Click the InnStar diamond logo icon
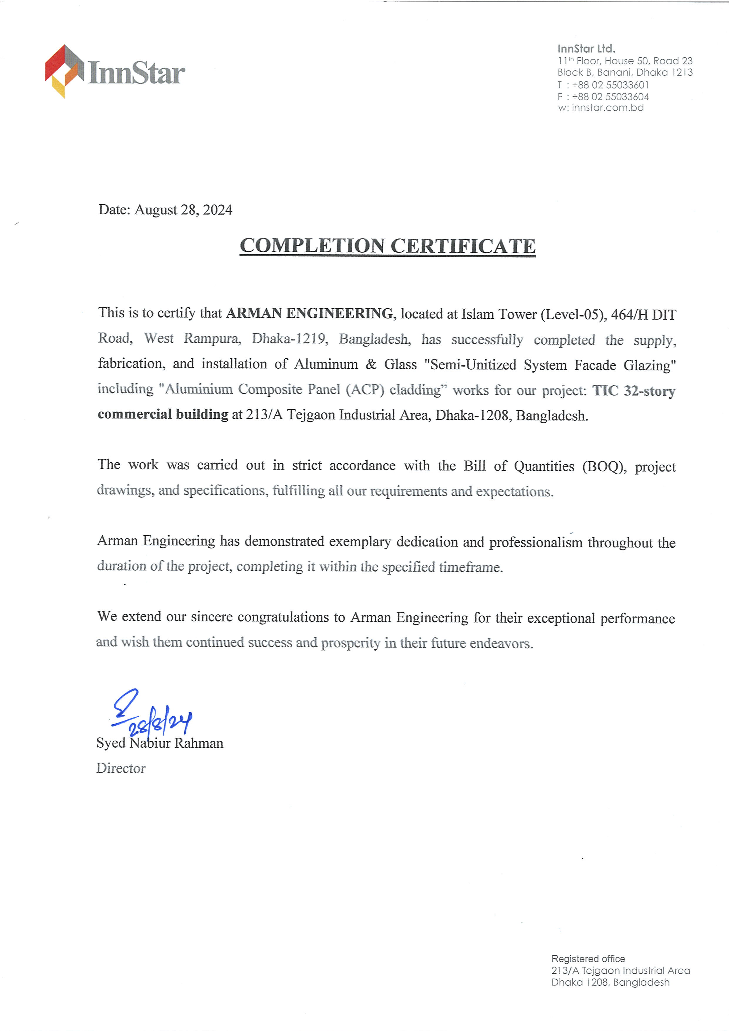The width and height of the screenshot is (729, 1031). click(64, 71)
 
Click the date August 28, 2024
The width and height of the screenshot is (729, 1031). click(183, 210)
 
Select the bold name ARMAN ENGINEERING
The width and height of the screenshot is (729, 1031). click(309, 313)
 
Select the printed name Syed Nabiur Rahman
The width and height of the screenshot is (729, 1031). click(160, 743)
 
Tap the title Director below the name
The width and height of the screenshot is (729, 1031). click(121, 768)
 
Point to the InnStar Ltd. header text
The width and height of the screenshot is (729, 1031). click(586, 49)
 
